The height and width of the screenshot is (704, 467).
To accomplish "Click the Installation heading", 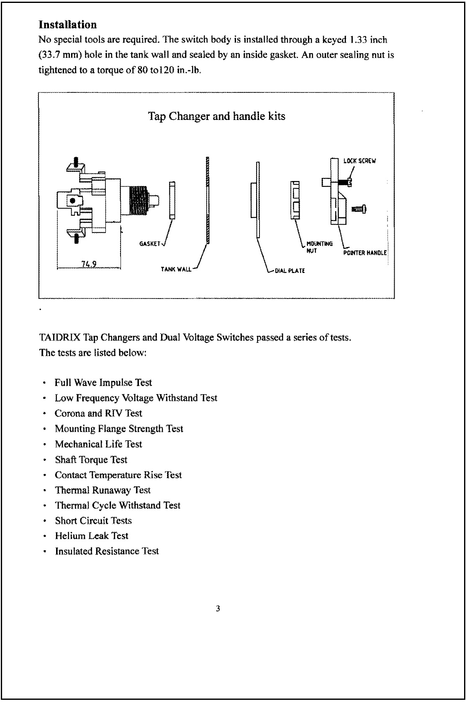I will coord(67,25).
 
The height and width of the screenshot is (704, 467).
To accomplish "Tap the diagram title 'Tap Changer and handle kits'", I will coord(216,116).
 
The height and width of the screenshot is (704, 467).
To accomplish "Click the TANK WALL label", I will coord(176,269).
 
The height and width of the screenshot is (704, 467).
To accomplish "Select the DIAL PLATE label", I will coord(290,270).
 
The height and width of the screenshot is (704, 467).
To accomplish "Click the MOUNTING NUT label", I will coord(319,247).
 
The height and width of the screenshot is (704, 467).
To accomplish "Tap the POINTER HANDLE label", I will coord(364,253).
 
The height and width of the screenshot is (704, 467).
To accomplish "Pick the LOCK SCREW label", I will coord(359,161).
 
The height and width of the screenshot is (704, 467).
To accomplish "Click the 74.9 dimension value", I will coord(89,263).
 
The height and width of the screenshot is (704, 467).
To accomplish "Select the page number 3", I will coord(218,609).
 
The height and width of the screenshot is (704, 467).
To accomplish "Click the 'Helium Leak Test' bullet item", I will coord(92,536).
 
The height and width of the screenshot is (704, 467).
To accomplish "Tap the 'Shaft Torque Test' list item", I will coord(91,460).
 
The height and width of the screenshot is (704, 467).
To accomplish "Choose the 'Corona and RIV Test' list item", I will coord(98,413).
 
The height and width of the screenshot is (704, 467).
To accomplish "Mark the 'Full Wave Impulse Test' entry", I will coord(103,383).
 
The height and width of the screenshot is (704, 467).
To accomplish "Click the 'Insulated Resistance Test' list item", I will coord(107,551).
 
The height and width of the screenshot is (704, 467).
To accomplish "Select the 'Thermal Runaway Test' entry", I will coord(103,490).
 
